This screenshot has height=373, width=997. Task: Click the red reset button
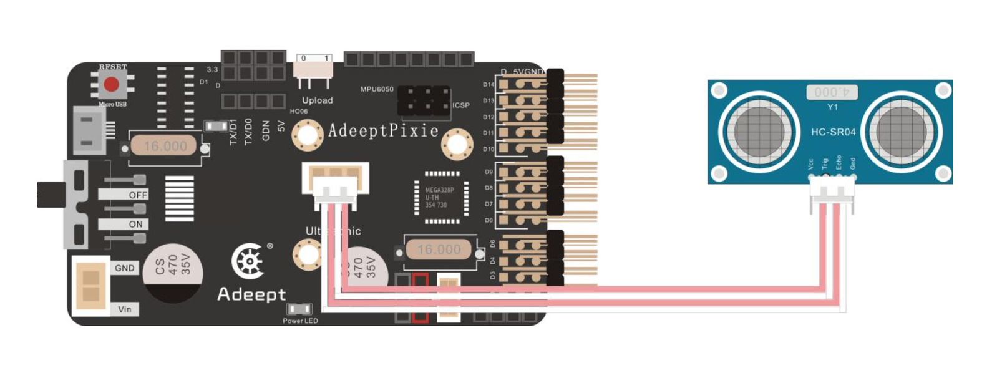point(111,84)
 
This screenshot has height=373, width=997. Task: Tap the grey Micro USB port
point(88,130)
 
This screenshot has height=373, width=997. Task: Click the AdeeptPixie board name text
point(383,130)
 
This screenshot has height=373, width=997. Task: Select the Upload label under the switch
point(317,100)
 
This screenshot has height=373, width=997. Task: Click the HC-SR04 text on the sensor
point(833,132)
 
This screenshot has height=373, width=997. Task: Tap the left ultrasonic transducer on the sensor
point(758,132)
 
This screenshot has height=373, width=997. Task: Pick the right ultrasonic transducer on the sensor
point(901,132)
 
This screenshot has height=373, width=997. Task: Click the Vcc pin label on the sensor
point(811,164)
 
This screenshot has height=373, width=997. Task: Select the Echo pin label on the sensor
point(839,162)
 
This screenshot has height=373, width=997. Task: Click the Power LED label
point(300,321)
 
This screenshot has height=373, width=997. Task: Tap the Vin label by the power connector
point(125,309)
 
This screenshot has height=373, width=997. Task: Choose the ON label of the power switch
point(136,224)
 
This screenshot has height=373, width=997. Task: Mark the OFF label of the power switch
point(138,195)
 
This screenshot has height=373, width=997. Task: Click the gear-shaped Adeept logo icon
point(248,262)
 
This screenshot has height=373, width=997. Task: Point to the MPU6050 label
point(377,89)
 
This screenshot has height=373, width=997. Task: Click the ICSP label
point(461,105)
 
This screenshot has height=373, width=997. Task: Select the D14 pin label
point(488,84)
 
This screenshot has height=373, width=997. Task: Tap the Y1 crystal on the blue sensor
point(832,92)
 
